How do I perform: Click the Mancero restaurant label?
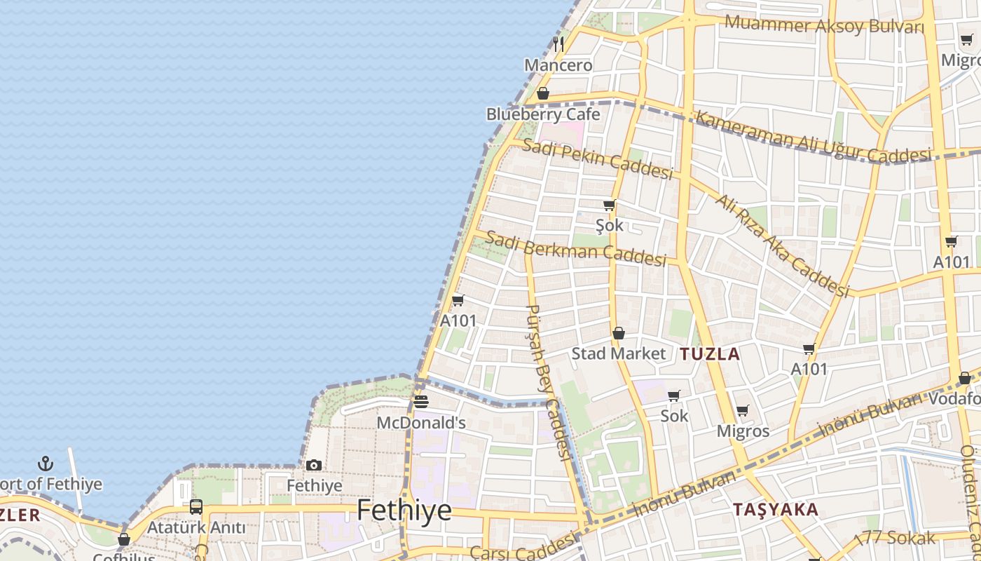(x=558, y=65)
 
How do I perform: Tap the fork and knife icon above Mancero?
(x=558, y=44)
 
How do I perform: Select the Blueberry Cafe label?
(x=543, y=114)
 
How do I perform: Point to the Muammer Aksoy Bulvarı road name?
(x=824, y=26)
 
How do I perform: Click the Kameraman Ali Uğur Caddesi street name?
(x=813, y=137)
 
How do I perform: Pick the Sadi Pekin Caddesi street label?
(x=598, y=158)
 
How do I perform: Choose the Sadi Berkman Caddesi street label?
(x=575, y=248)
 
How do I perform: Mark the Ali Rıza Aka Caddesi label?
(x=781, y=244)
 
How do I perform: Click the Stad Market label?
(x=618, y=353)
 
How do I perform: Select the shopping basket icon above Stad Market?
(x=618, y=333)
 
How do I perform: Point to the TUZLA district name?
(x=710, y=353)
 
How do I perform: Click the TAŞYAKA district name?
(x=776, y=510)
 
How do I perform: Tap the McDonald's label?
(x=421, y=423)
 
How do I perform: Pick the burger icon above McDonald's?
(x=420, y=402)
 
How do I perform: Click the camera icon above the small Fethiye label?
(x=314, y=465)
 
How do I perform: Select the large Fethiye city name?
(x=404, y=510)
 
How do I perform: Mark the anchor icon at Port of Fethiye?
(x=46, y=464)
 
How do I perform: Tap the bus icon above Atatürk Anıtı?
(x=196, y=506)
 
